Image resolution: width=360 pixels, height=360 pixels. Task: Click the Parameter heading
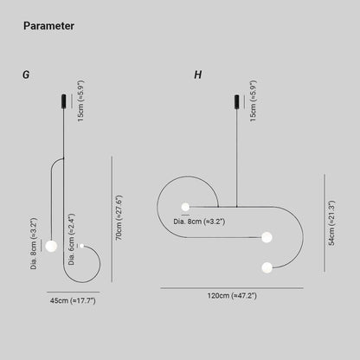point(48,26)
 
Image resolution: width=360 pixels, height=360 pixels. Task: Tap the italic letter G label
point(26,74)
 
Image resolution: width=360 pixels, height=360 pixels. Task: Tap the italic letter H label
point(198,74)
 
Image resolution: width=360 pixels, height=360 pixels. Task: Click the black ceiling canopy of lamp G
point(64,101)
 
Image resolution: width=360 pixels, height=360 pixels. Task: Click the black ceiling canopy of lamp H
point(237,102)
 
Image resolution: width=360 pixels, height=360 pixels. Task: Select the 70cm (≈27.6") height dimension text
point(119,217)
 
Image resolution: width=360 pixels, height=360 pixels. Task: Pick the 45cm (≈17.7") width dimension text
point(73,300)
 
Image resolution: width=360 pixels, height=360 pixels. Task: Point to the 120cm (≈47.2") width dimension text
point(232,296)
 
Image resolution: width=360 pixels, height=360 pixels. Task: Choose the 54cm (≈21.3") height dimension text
point(331,223)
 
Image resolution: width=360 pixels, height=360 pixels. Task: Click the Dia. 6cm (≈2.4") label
point(72,239)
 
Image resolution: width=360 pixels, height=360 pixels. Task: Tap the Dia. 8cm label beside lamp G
point(34,244)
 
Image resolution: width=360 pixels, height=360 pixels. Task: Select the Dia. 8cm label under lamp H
point(199,222)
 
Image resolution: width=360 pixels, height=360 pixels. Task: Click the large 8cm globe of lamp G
point(51,246)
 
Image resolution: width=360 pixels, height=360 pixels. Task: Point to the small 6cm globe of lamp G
point(82,246)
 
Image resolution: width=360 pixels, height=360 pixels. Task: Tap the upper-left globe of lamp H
point(185,207)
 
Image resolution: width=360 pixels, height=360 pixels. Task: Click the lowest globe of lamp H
point(267,267)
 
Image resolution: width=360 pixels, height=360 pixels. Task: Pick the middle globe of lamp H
point(267,237)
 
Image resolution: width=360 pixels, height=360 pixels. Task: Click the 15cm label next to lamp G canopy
point(81,101)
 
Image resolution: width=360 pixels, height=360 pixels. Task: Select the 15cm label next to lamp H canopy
point(254,101)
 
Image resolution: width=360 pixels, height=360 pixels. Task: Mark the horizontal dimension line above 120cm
point(232,288)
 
